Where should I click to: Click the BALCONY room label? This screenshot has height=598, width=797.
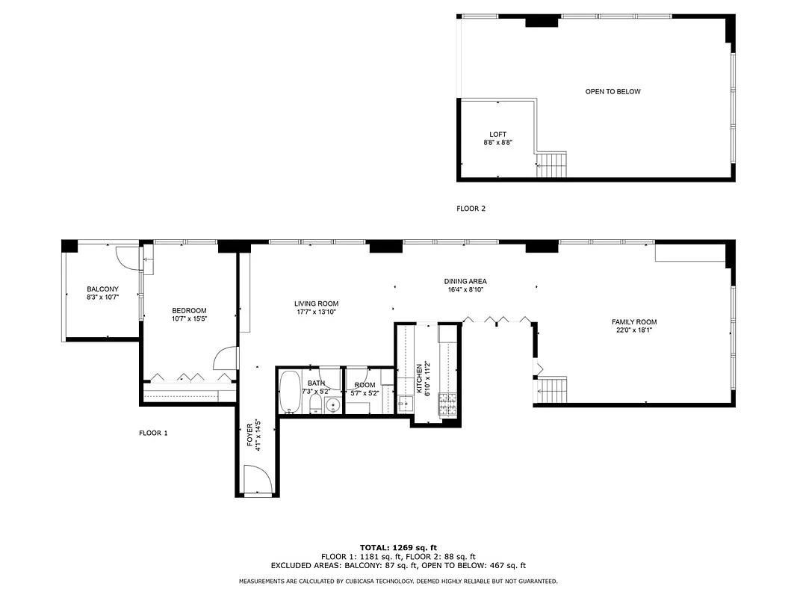coord(102,289)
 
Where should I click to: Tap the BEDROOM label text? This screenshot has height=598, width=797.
coord(189,311)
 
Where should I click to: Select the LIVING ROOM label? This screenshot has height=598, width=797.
coord(316,303)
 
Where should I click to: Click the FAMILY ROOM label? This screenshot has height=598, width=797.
coord(634,322)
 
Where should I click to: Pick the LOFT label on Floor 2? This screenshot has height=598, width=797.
coord(497,135)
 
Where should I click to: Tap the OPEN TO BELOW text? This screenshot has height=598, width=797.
coord(613,92)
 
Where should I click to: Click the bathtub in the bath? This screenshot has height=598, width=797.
coord(290,392)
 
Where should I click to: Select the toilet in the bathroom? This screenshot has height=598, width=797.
coord(314,404)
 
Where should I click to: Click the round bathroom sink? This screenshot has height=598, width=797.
coord(332,405)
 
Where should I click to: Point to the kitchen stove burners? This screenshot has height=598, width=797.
coord(448,404)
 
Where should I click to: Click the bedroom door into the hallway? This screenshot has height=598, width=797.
coord(225,360)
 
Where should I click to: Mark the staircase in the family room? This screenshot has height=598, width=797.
coord(553,389)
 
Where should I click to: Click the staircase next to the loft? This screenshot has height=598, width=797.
coord(553,164)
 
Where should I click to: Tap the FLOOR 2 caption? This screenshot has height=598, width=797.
coord(471,209)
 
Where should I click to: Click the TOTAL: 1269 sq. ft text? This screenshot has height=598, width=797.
coord(398,547)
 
